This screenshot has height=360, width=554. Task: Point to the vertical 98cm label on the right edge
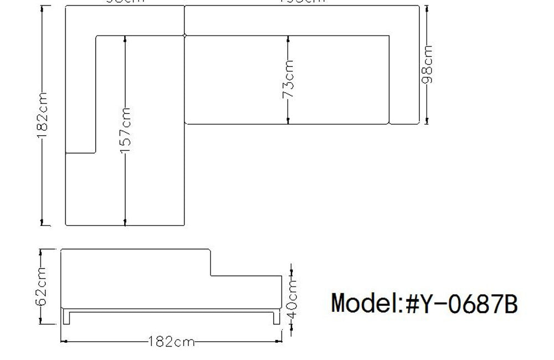click(427, 65)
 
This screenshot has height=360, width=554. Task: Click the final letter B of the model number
click(510, 304)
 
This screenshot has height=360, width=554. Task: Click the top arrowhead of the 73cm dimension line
click(289, 39)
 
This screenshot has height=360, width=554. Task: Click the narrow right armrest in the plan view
click(404, 78)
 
